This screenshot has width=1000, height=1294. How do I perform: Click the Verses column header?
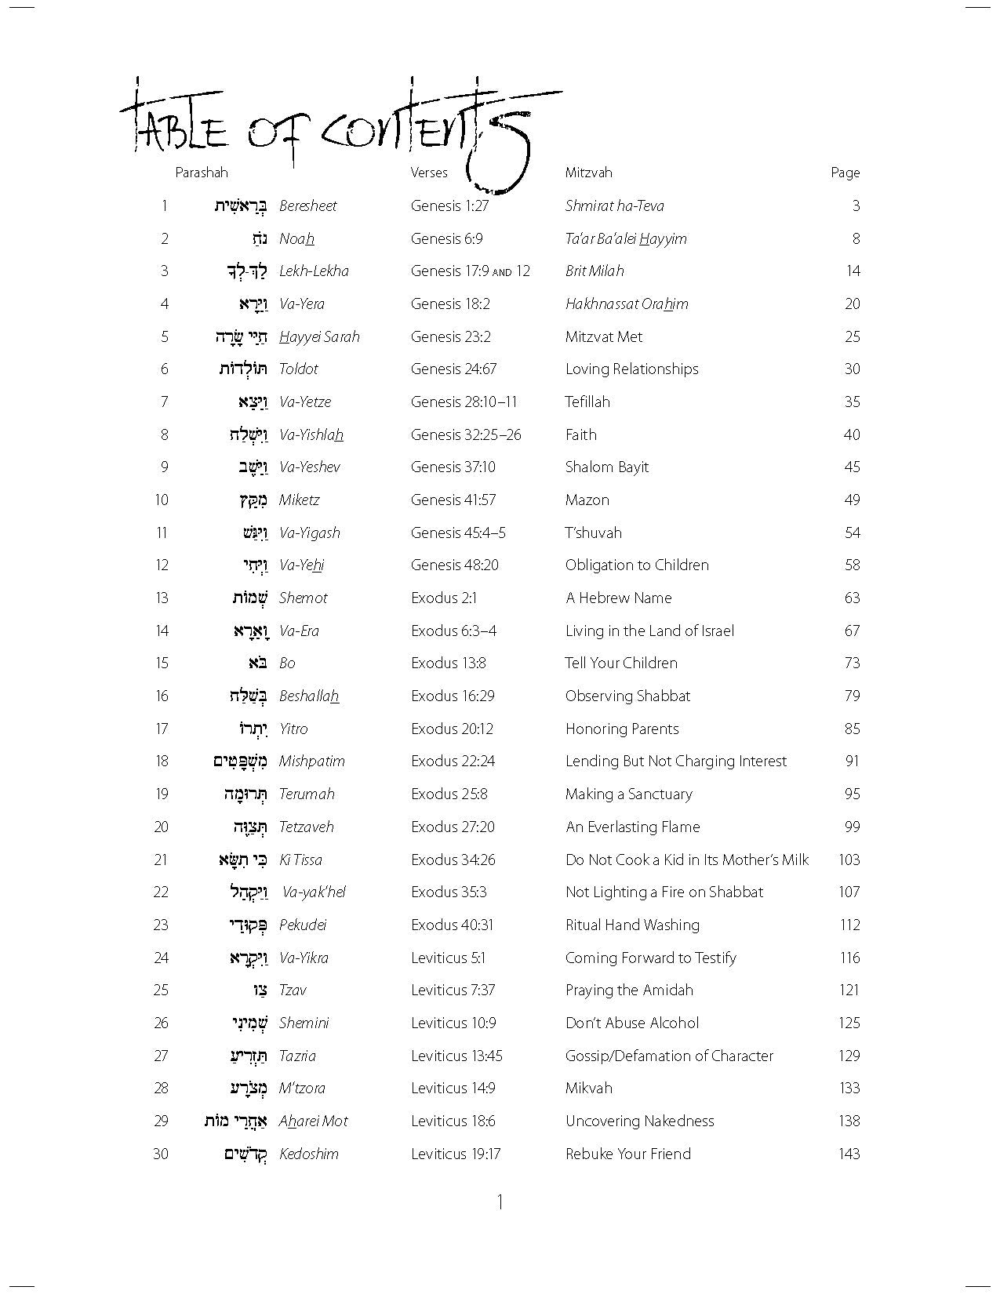pos(429,173)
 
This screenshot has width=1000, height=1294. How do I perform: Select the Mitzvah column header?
pos(588,173)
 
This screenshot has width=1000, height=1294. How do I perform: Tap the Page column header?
pos(845,173)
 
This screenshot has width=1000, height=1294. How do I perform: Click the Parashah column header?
pos(202,173)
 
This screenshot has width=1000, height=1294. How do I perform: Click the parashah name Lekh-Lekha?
pos(314,271)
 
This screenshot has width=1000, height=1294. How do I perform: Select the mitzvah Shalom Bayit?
pos(607,467)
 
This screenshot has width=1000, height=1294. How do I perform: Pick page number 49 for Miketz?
pos(852,500)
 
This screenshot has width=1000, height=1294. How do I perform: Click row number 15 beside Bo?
pos(162,663)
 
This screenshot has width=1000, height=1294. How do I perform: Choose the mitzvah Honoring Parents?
pos(622,729)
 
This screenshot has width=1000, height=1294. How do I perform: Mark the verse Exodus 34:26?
pos(453,860)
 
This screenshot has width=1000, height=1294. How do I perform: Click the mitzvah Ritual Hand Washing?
pos(632,925)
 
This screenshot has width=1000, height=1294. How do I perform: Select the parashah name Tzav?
pos(293,990)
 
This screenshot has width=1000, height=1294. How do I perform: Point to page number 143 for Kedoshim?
pos(849,1154)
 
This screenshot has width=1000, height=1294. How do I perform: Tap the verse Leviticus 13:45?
pos(456,1056)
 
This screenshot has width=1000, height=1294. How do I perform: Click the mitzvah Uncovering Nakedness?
pos(639,1121)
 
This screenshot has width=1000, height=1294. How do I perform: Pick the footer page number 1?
pos(500,1202)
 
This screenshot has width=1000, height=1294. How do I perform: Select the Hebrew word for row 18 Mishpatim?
pos(240,761)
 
